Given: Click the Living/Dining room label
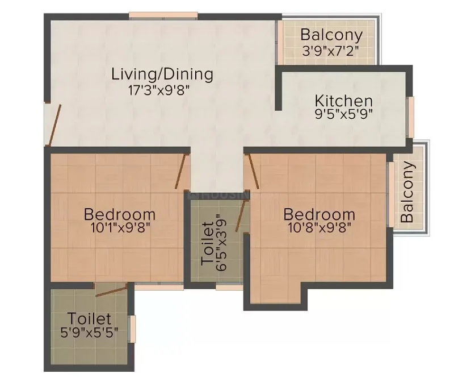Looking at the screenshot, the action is (x=162, y=74).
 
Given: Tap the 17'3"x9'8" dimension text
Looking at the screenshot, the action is (x=159, y=90).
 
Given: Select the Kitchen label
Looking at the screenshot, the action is (x=344, y=101).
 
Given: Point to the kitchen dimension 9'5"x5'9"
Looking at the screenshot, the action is (x=344, y=114).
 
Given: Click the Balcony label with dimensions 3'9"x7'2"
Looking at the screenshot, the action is (x=331, y=35).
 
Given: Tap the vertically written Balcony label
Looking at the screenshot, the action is (x=407, y=192).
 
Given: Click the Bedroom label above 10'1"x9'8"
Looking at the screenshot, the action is (x=120, y=214).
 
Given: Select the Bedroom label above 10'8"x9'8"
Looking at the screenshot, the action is (x=319, y=214).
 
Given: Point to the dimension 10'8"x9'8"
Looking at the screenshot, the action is (x=320, y=227).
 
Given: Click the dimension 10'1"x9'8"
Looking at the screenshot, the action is (x=120, y=227).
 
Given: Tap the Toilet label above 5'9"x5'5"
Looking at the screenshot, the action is (x=90, y=319).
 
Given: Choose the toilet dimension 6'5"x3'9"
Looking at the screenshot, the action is (x=221, y=242).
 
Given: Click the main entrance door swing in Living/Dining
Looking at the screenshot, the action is (x=54, y=125).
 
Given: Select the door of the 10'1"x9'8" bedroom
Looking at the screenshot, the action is (x=180, y=171).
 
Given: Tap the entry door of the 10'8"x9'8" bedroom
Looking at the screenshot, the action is (x=254, y=171).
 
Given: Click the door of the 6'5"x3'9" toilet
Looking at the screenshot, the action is (x=240, y=215).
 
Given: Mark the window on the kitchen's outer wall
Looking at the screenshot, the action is (x=411, y=117).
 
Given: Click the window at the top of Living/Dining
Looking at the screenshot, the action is (x=163, y=15).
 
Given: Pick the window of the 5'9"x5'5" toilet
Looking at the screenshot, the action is (x=132, y=329).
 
